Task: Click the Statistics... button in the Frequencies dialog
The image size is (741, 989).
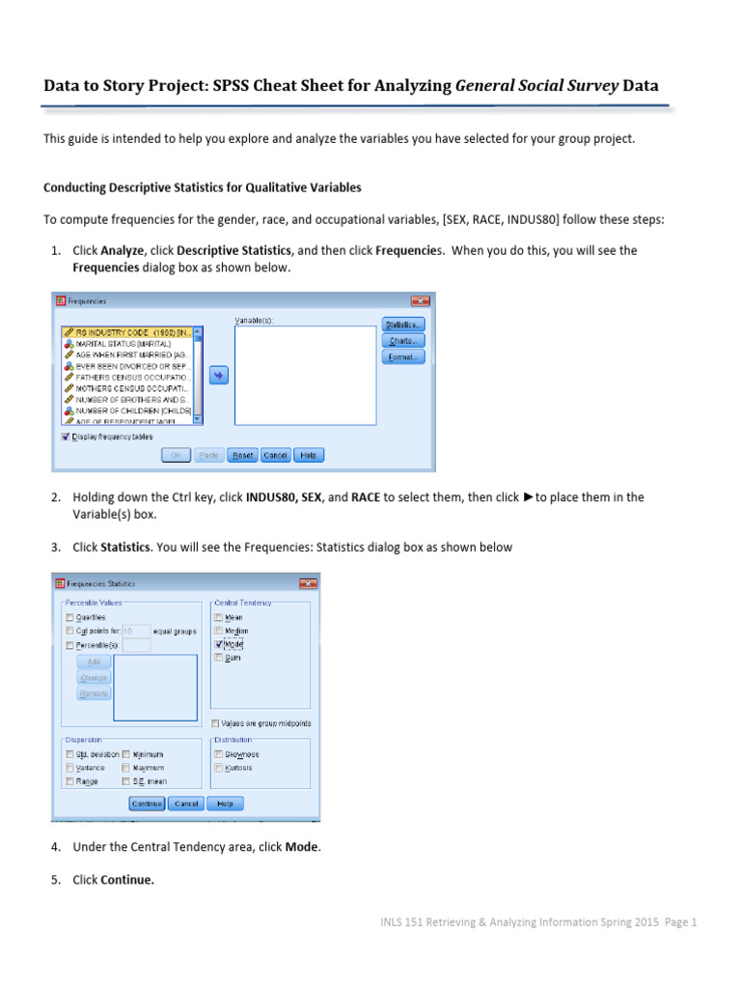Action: coord(403,325)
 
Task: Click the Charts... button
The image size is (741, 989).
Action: coord(403,340)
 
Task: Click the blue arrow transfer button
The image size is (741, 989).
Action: coord(218,374)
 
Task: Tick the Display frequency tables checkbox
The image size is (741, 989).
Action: coord(66,436)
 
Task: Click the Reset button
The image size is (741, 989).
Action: coord(242,455)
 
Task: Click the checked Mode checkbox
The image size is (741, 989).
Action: coord(219,644)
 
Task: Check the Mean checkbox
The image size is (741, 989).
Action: coord(219,617)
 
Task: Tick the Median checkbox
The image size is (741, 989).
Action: coord(219,631)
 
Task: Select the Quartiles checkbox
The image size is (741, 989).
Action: coord(69,617)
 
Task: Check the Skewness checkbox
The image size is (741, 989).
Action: coord(219,754)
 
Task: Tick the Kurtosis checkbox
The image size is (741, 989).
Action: coord(219,768)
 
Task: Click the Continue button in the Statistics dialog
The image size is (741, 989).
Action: coord(147,804)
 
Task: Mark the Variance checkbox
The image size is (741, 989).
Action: coord(69,768)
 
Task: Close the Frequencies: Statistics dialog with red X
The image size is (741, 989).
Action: coord(308,583)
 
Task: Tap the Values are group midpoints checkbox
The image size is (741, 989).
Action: coord(215,722)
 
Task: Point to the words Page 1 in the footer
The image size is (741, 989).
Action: coord(678,922)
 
